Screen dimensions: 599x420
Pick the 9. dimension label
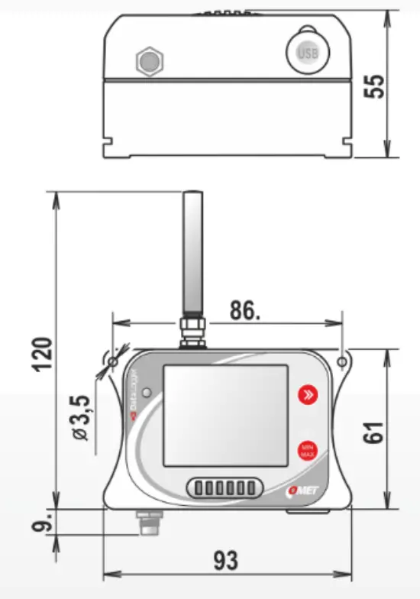pyautogui.click(x=43, y=524)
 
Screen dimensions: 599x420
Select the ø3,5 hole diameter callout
pyautogui.click(x=83, y=416)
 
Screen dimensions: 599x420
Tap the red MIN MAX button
pyautogui.click(x=308, y=449)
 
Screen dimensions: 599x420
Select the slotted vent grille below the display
pyautogui.click(x=221, y=487)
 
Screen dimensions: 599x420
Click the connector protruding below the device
pyautogui.click(x=147, y=524)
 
